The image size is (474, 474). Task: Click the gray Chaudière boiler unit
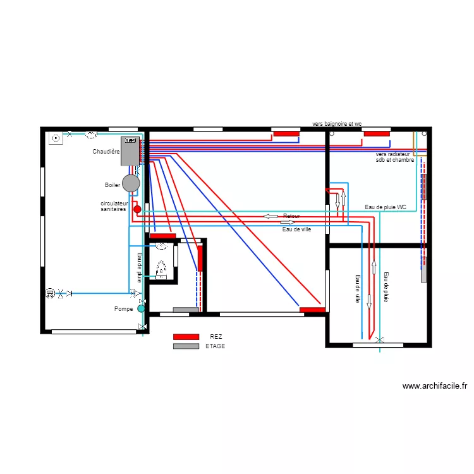coord(130,151)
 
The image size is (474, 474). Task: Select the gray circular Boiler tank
coord(131,183)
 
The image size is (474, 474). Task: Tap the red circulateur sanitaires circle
coord(137,209)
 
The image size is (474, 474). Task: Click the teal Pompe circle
coord(141,309)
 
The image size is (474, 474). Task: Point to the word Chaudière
coord(106,152)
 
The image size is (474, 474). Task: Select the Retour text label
coord(291,216)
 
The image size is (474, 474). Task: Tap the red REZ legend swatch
coord(186,337)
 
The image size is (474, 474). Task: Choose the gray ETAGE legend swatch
coord(186,346)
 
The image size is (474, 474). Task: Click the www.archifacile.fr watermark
coord(434,386)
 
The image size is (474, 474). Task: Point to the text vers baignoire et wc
coord(337,125)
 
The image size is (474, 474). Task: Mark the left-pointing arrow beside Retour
coord(270,217)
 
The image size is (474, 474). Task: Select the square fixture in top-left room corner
coord(56,137)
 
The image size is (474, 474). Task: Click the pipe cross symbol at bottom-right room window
coord(379,341)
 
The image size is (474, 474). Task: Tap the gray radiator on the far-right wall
coord(425,187)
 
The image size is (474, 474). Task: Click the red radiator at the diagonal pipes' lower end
coord(312,310)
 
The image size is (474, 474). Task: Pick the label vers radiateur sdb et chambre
coord(394,157)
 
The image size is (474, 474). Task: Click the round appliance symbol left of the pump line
coord(50,293)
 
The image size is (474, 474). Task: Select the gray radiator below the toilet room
coord(185,310)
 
